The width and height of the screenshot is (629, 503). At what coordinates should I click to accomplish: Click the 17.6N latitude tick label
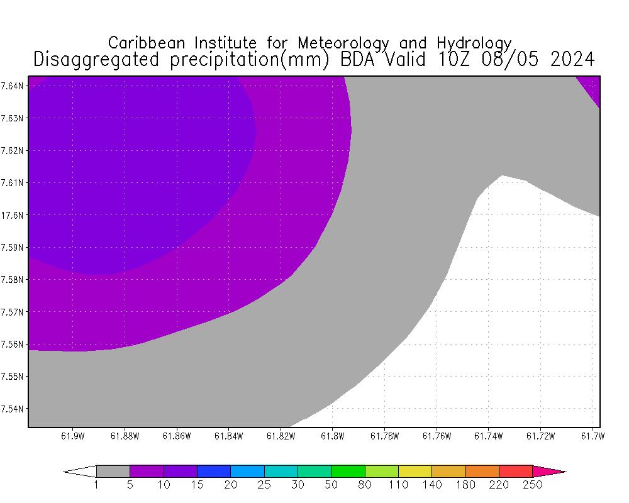pyautogui.click(x=13, y=215)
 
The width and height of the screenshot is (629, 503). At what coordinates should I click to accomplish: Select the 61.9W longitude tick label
pyautogui.click(x=73, y=436)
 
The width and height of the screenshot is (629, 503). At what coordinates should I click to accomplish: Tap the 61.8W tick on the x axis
pyautogui.click(x=332, y=436)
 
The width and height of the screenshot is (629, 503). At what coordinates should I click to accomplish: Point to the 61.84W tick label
pyautogui.click(x=228, y=436)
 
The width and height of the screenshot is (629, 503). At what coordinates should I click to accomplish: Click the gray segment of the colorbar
pyautogui.click(x=113, y=471)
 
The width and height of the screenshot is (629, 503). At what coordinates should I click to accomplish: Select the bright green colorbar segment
pyautogui.click(x=348, y=471)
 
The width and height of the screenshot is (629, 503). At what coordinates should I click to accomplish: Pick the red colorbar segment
pyautogui.click(x=516, y=471)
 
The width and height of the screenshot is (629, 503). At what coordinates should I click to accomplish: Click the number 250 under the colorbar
pyautogui.click(x=533, y=485)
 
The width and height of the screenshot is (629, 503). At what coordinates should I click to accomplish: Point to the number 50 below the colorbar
pyautogui.click(x=331, y=485)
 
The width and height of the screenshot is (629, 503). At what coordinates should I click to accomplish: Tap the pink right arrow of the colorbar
pyautogui.click(x=548, y=471)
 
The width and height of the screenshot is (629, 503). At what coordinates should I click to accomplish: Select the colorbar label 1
pyautogui.click(x=96, y=485)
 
